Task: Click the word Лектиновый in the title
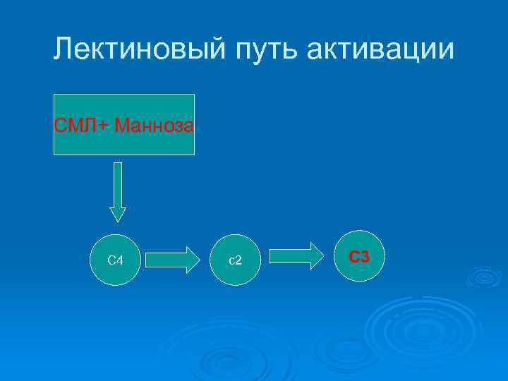[x=132, y=49]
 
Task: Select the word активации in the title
[x=381, y=49]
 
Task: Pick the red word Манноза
[x=155, y=126]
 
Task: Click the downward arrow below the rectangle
[x=118, y=191]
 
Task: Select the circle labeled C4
[x=116, y=260]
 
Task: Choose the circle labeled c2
[x=236, y=260]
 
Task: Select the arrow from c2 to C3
[x=296, y=256]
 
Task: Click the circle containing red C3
[x=360, y=257]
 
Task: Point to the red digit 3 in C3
[x=364, y=257]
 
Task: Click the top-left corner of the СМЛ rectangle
[x=55, y=95]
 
